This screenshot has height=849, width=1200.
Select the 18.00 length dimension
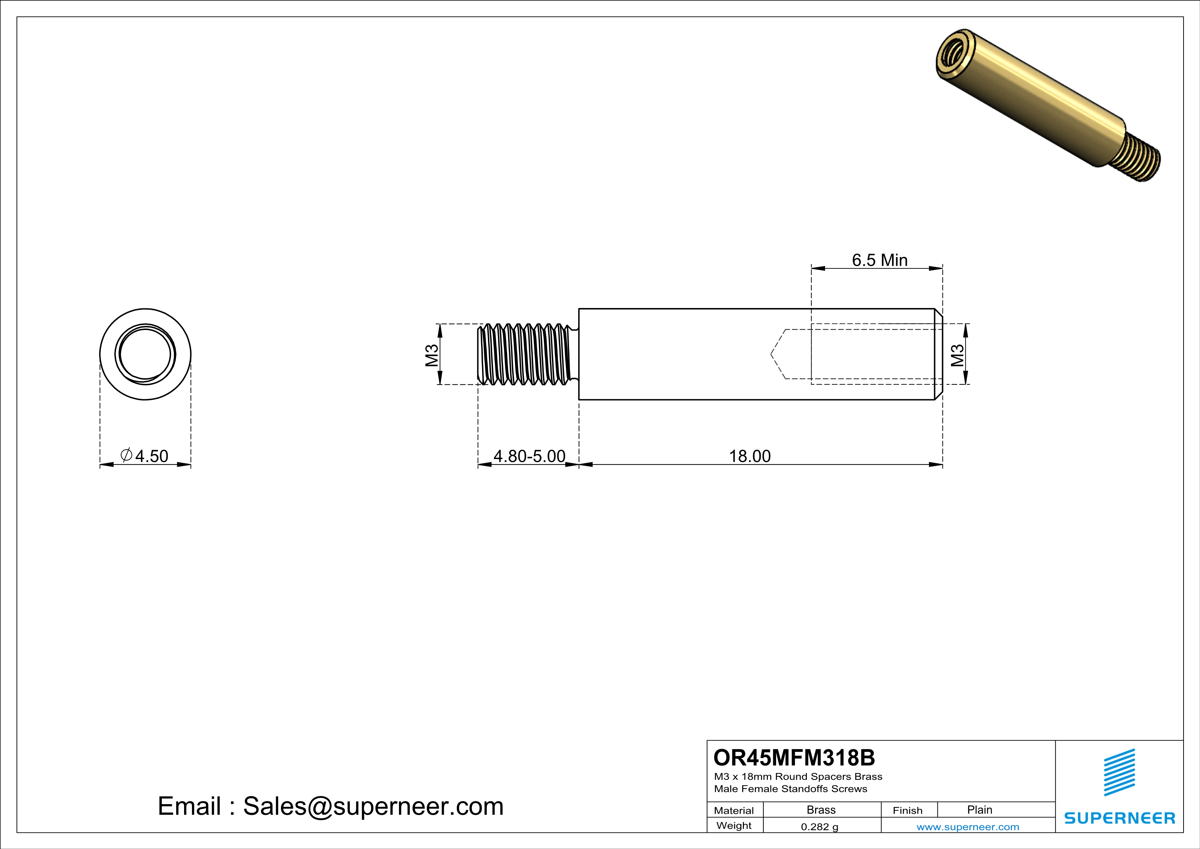click(x=749, y=456)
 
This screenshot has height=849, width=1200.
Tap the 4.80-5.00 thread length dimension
click(x=529, y=456)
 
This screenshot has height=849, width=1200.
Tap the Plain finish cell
click(x=979, y=810)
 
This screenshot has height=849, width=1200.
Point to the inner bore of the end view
click(x=145, y=354)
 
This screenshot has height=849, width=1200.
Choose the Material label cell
click(x=734, y=810)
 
